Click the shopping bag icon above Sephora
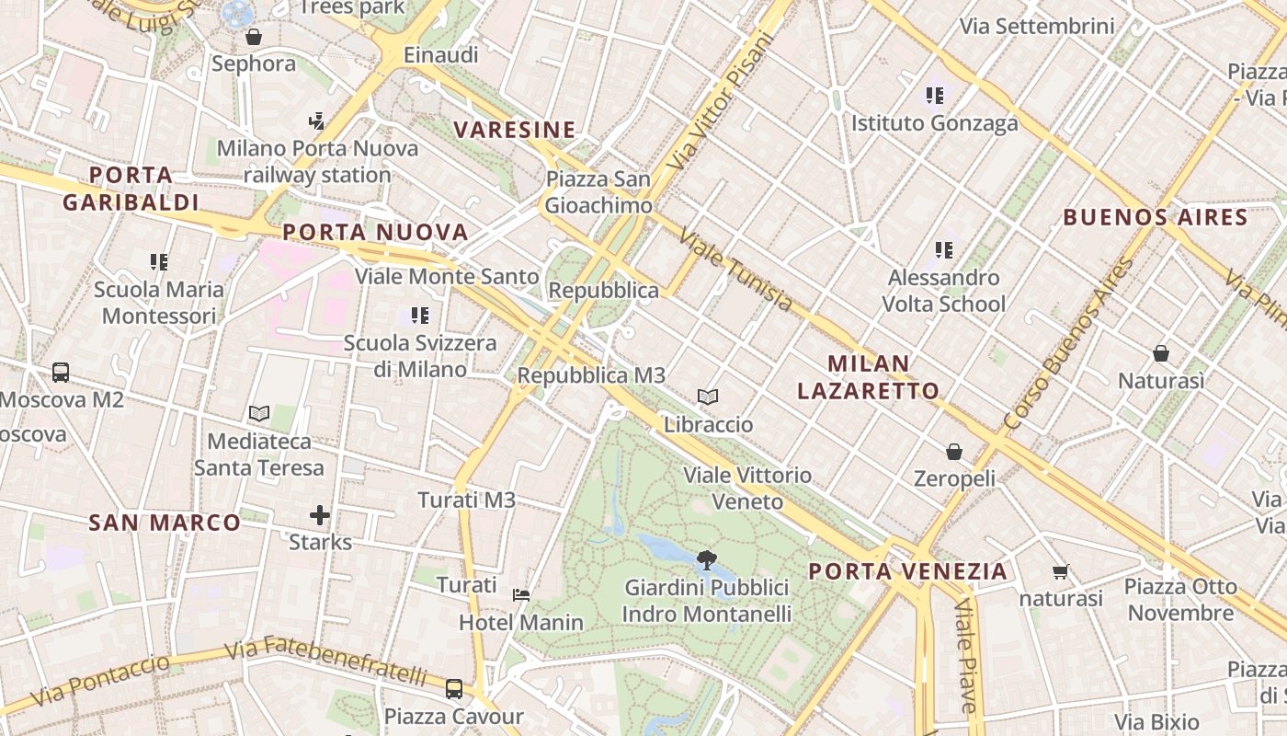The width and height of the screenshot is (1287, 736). pyautogui.click(x=254, y=38)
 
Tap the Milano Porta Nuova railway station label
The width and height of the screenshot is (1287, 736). pyautogui.click(x=317, y=161)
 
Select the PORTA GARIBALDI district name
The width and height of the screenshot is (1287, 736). pyautogui.click(x=131, y=189)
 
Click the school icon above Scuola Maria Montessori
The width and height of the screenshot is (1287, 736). pyautogui.click(x=159, y=262)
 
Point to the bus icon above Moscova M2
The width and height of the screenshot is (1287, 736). pyautogui.click(x=61, y=373)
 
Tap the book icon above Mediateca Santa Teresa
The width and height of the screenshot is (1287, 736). pyautogui.click(x=259, y=414)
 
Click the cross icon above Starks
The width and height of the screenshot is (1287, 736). pyautogui.click(x=320, y=515)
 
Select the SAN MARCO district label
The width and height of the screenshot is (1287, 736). pyautogui.click(x=165, y=523)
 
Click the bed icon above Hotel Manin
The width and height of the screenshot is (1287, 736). pyautogui.click(x=521, y=595)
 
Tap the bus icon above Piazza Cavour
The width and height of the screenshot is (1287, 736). pyautogui.click(x=453, y=688)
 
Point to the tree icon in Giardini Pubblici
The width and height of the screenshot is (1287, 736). pyautogui.click(x=707, y=558)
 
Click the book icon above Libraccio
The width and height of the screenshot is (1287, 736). pyautogui.click(x=707, y=397)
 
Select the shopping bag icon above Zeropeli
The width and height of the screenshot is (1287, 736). pyautogui.click(x=954, y=452)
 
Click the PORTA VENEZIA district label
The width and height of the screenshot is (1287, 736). pyautogui.click(x=907, y=571)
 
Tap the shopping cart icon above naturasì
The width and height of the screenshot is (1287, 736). pyautogui.click(x=1060, y=572)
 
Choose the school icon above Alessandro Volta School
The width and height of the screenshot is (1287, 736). pyautogui.click(x=943, y=249)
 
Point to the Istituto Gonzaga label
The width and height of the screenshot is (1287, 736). pyautogui.click(x=934, y=123)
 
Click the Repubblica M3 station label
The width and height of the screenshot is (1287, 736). pyautogui.click(x=591, y=375)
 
